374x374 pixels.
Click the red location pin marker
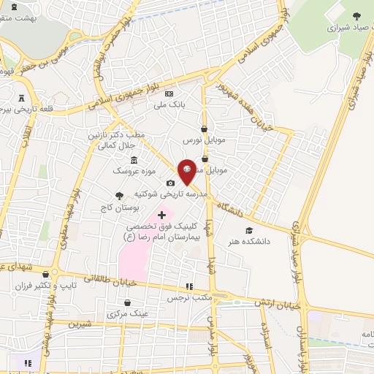[x=187, y=171]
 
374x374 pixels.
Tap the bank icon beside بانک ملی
[x=169, y=93]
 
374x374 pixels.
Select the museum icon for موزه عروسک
[x=134, y=161]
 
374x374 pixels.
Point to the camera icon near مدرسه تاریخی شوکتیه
[x=171, y=183]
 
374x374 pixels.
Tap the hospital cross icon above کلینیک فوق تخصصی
[x=161, y=215]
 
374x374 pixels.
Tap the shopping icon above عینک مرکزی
[x=128, y=302]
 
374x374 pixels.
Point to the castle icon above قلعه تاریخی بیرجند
[x=20, y=97]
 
